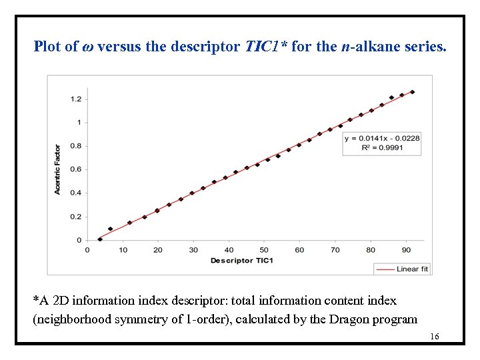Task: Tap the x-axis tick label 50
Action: (x=264, y=250)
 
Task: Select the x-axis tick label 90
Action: (x=406, y=250)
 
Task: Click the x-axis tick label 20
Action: (x=157, y=250)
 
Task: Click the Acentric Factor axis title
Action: (x=58, y=169)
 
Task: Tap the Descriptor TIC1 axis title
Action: (x=241, y=261)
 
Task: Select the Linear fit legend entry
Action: (x=402, y=269)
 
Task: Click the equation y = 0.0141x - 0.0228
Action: (x=382, y=138)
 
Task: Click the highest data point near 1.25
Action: (x=412, y=92)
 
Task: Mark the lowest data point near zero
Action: (x=99, y=239)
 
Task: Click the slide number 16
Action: (x=434, y=337)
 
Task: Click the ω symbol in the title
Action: (x=87, y=47)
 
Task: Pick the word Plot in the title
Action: (x=47, y=47)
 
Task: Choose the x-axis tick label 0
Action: (x=87, y=250)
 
